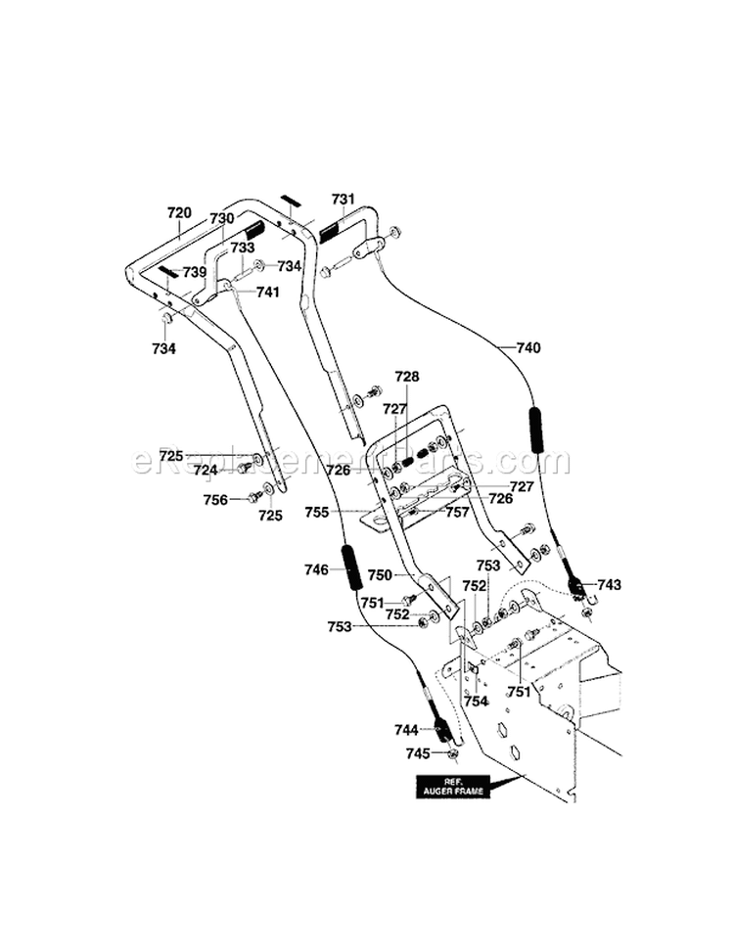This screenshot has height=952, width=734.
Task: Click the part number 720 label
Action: pyautogui.click(x=179, y=210)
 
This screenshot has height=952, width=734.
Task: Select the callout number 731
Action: pyautogui.click(x=343, y=199)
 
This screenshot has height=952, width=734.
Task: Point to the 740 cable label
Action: pyautogui.click(x=528, y=347)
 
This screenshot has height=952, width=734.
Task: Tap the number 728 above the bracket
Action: pyautogui.click(x=406, y=377)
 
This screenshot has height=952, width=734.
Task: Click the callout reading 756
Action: pyautogui.click(x=215, y=500)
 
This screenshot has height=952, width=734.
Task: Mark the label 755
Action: pyautogui.click(x=344, y=511)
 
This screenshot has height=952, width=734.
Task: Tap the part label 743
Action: pyautogui.click(x=609, y=585)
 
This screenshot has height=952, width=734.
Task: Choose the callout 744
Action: pyautogui.click(x=406, y=729)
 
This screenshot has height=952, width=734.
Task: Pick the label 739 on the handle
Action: pyautogui.click(x=194, y=272)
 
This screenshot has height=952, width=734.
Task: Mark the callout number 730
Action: pyautogui.click(x=222, y=218)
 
